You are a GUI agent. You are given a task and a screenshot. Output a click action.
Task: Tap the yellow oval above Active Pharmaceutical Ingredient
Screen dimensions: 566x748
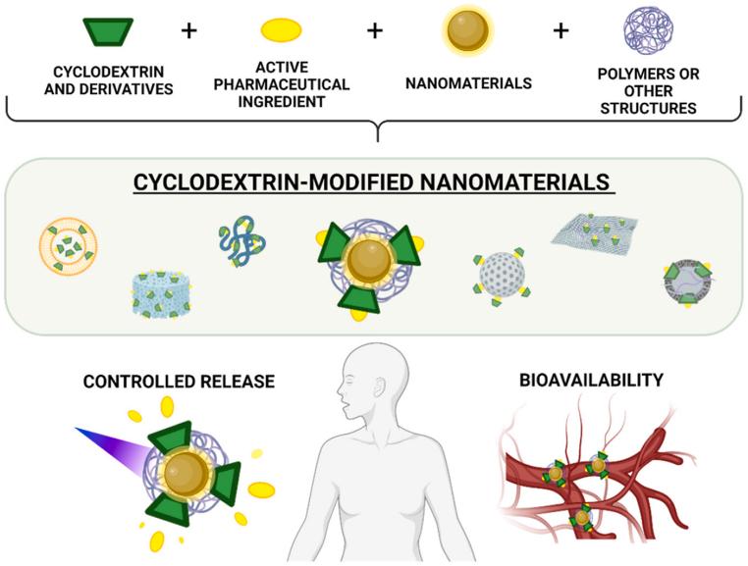pos(281,31)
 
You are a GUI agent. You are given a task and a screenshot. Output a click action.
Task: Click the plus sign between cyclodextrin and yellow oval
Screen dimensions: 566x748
pos(189,30)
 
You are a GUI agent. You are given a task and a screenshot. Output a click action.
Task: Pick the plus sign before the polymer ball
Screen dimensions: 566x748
pos(561,30)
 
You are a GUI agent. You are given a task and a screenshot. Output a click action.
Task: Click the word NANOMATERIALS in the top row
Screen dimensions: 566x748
pos(468,83)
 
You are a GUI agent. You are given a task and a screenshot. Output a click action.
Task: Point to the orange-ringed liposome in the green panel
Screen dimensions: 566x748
pos(69,246)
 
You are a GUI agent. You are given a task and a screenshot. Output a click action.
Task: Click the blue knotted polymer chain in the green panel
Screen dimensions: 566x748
pos(241,244)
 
